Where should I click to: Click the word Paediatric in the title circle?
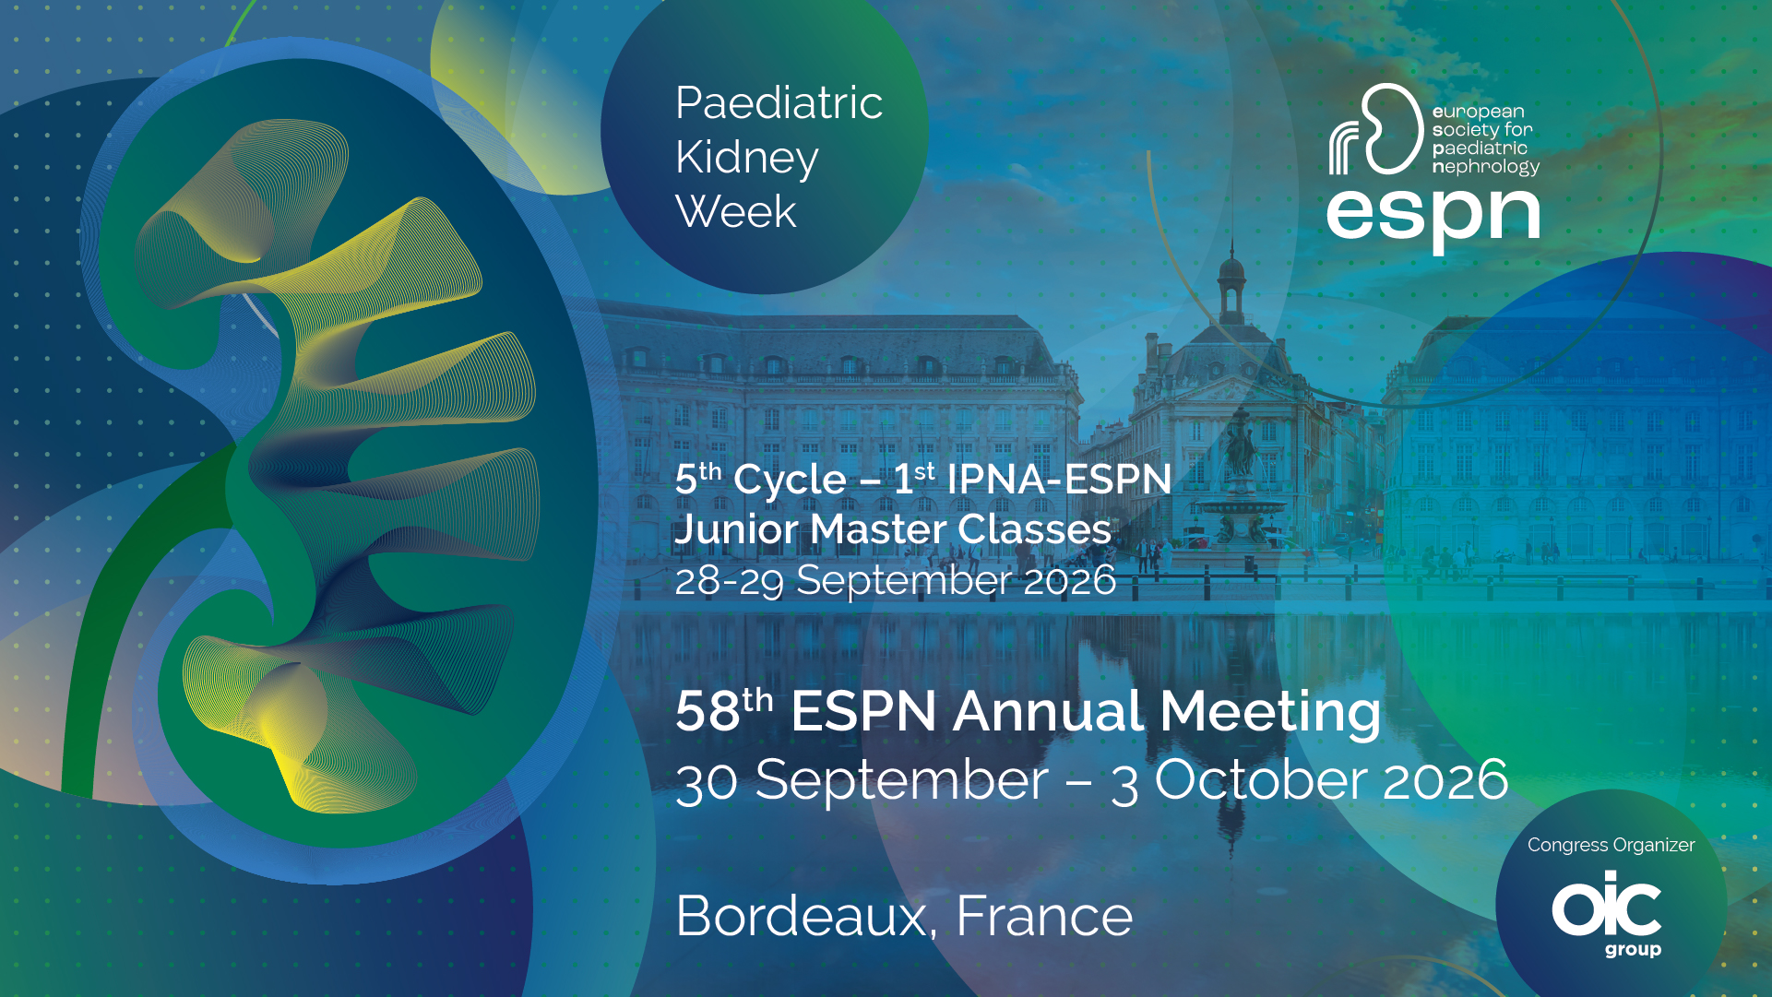(779, 102)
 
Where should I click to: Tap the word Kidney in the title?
(746, 159)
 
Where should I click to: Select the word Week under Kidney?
(735, 211)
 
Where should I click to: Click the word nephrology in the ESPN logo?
(1485, 167)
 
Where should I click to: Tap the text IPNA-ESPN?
(1059, 480)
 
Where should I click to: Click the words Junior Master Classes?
(893, 529)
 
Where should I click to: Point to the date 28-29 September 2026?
(895, 580)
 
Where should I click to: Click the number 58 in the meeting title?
(708, 711)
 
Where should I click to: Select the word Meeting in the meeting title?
(1270, 713)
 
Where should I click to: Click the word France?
(1044, 916)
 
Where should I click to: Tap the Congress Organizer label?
(1611, 845)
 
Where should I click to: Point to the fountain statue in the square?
(1242, 443)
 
